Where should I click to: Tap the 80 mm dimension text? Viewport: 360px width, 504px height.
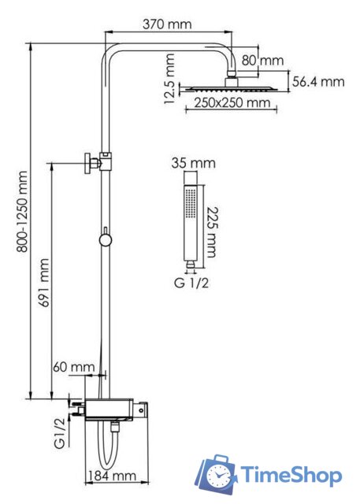coord(262,60)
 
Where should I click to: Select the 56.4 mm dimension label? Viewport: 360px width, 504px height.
coord(319,81)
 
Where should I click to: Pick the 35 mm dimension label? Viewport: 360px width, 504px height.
coord(191,165)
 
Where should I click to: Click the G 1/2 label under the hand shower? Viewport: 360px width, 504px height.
coord(192,281)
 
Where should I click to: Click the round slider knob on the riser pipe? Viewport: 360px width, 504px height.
coord(105,238)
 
